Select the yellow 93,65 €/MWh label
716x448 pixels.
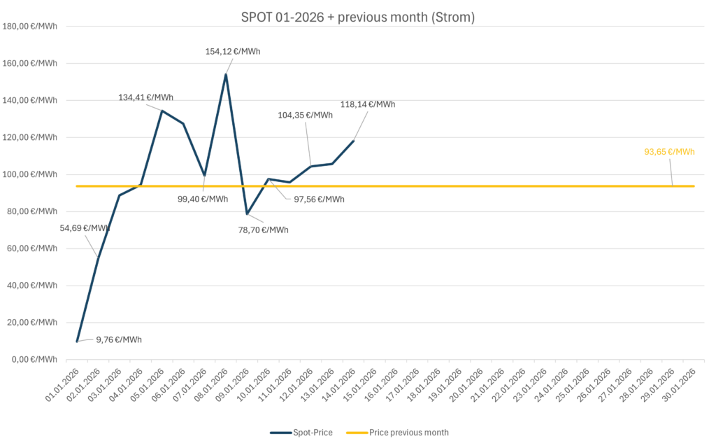(x=669, y=151)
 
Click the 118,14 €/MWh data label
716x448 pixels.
(x=368, y=104)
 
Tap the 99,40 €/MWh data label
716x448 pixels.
(x=202, y=199)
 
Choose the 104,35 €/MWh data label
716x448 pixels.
(x=306, y=115)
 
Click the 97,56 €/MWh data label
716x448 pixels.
(x=319, y=199)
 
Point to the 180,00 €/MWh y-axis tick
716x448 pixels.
(x=31, y=27)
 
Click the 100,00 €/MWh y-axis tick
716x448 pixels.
(x=31, y=174)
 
